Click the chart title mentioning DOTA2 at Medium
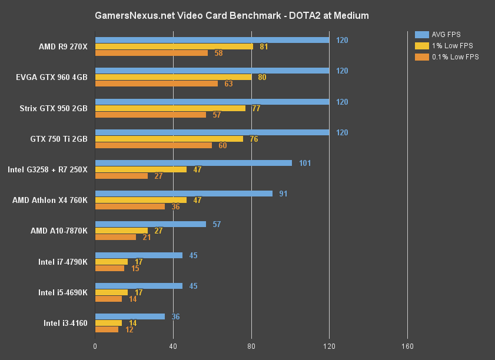click(231, 15)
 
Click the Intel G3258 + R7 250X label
click(47, 169)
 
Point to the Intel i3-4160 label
click(65, 323)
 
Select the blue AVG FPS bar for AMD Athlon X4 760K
click(184, 194)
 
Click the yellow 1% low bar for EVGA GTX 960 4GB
click(173, 77)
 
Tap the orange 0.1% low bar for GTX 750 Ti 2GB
click(153, 145)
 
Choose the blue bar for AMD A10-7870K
click(151, 224)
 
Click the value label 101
click(305, 163)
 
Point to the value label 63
click(228, 84)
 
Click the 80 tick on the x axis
click(251, 345)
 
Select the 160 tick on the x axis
click(407, 345)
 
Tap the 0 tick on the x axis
click(95, 345)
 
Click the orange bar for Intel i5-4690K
click(109, 299)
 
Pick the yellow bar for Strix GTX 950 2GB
click(170, 108)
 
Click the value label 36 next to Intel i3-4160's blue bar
click(176, 316)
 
